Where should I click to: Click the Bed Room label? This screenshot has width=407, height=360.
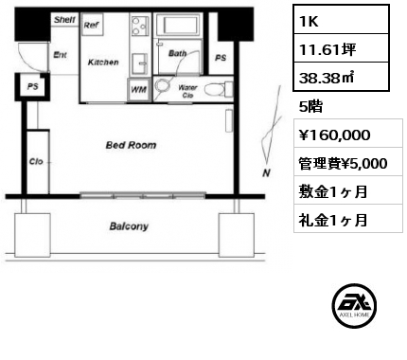(x=131, y=145)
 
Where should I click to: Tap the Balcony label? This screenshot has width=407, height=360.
(x=129, y=226)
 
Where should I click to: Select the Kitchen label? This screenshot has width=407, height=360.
(x=103, y=63)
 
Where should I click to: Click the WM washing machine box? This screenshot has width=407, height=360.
(x=138, y=90)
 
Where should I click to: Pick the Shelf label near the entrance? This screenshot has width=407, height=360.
(x=64, y=20)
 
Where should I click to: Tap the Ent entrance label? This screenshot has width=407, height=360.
(x=61, y=55)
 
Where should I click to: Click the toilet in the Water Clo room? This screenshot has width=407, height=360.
(x=218, y=89)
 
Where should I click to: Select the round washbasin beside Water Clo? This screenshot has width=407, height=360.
(x=162, y=85)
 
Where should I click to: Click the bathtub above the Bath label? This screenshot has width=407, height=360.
(x=178, y=24)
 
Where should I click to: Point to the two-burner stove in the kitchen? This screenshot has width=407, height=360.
(x=139, y=26)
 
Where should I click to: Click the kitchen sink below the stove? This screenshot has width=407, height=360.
(x=139, y=64)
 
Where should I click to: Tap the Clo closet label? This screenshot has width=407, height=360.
(x=36, y=161)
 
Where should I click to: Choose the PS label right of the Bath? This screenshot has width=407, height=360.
(x=221, y=58)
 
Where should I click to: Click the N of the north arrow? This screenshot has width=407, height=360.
(x=267, y=172)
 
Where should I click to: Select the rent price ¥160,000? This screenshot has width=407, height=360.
(x=334, y=135)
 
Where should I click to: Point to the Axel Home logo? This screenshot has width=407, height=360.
(x=354, y=305)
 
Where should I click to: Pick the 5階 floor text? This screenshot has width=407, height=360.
(x=310, y=106)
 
